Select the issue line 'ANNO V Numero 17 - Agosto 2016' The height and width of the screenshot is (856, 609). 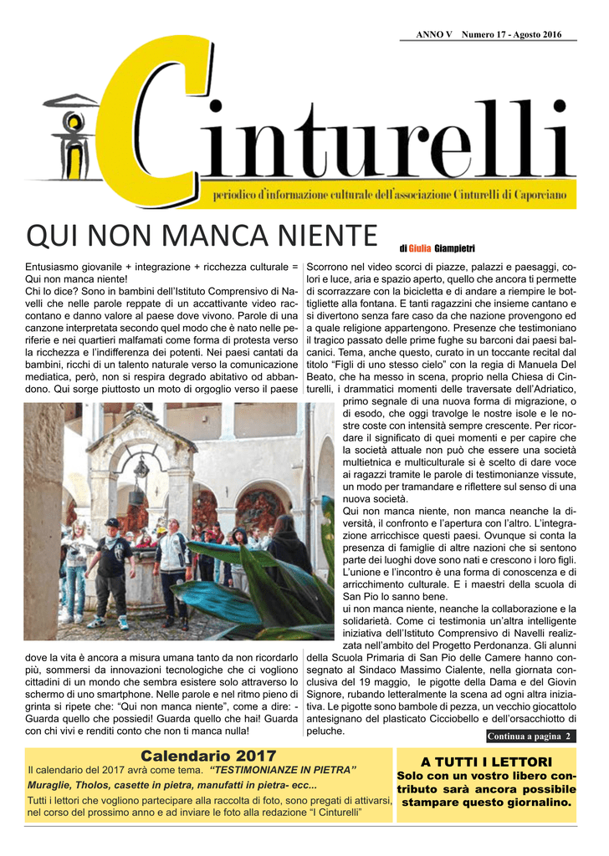click(x=489, y=33)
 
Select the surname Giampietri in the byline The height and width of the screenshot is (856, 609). click(x=454, y=248)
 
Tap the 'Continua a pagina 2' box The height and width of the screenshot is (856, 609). click(x=530, y=736)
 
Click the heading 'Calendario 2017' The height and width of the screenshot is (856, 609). click(x=208, y=756)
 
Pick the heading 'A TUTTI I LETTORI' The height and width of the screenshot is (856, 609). click(x=487, y=762)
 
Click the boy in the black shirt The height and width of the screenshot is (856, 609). click(x=113, y=568)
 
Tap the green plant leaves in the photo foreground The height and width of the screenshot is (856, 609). click(x=251, y=585)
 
